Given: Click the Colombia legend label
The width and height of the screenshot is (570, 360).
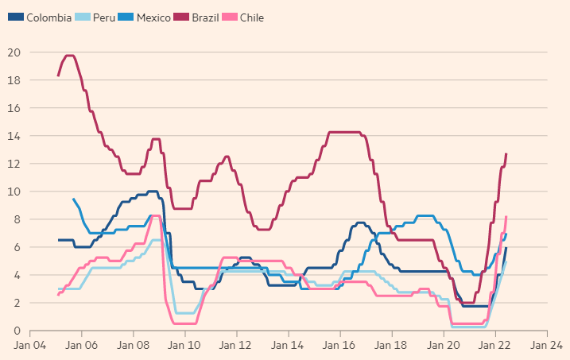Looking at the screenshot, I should pyautogui.click(x=48, y=17).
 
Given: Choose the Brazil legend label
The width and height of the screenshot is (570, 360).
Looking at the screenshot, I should pyautogui.click(x=205, y=17).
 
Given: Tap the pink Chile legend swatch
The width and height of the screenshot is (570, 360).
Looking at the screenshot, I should pyautogui.click(x=228, y=17).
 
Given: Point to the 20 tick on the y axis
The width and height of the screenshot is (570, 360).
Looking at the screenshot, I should pyautogui.click(x=14, y=52).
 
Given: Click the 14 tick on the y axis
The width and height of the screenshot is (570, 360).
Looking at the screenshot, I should pyautogui.click(x=14, y=136).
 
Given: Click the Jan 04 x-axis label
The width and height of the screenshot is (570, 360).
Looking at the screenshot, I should pyautogui.click(x=30, y=346).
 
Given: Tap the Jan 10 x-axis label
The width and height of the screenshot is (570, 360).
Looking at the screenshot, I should pyautogui.click(x=185, y=346).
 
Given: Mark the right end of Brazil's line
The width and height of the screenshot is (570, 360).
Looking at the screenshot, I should pyautogui.click(x=506, y=153).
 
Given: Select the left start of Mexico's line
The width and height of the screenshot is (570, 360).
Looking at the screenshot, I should pyautogui.click(x=73, y=199).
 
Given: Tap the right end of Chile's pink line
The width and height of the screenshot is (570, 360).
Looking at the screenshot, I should pyautogui.click(x=506, y=216).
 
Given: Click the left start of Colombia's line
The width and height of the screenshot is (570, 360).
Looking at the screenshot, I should pyautogui.click(x=58, y=240).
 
